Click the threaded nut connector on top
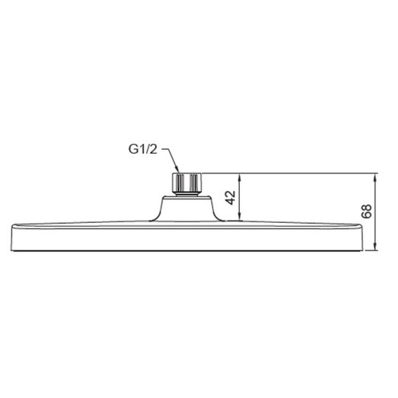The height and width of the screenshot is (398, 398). (187, 182)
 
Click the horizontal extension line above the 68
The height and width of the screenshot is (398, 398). (304, 174)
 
